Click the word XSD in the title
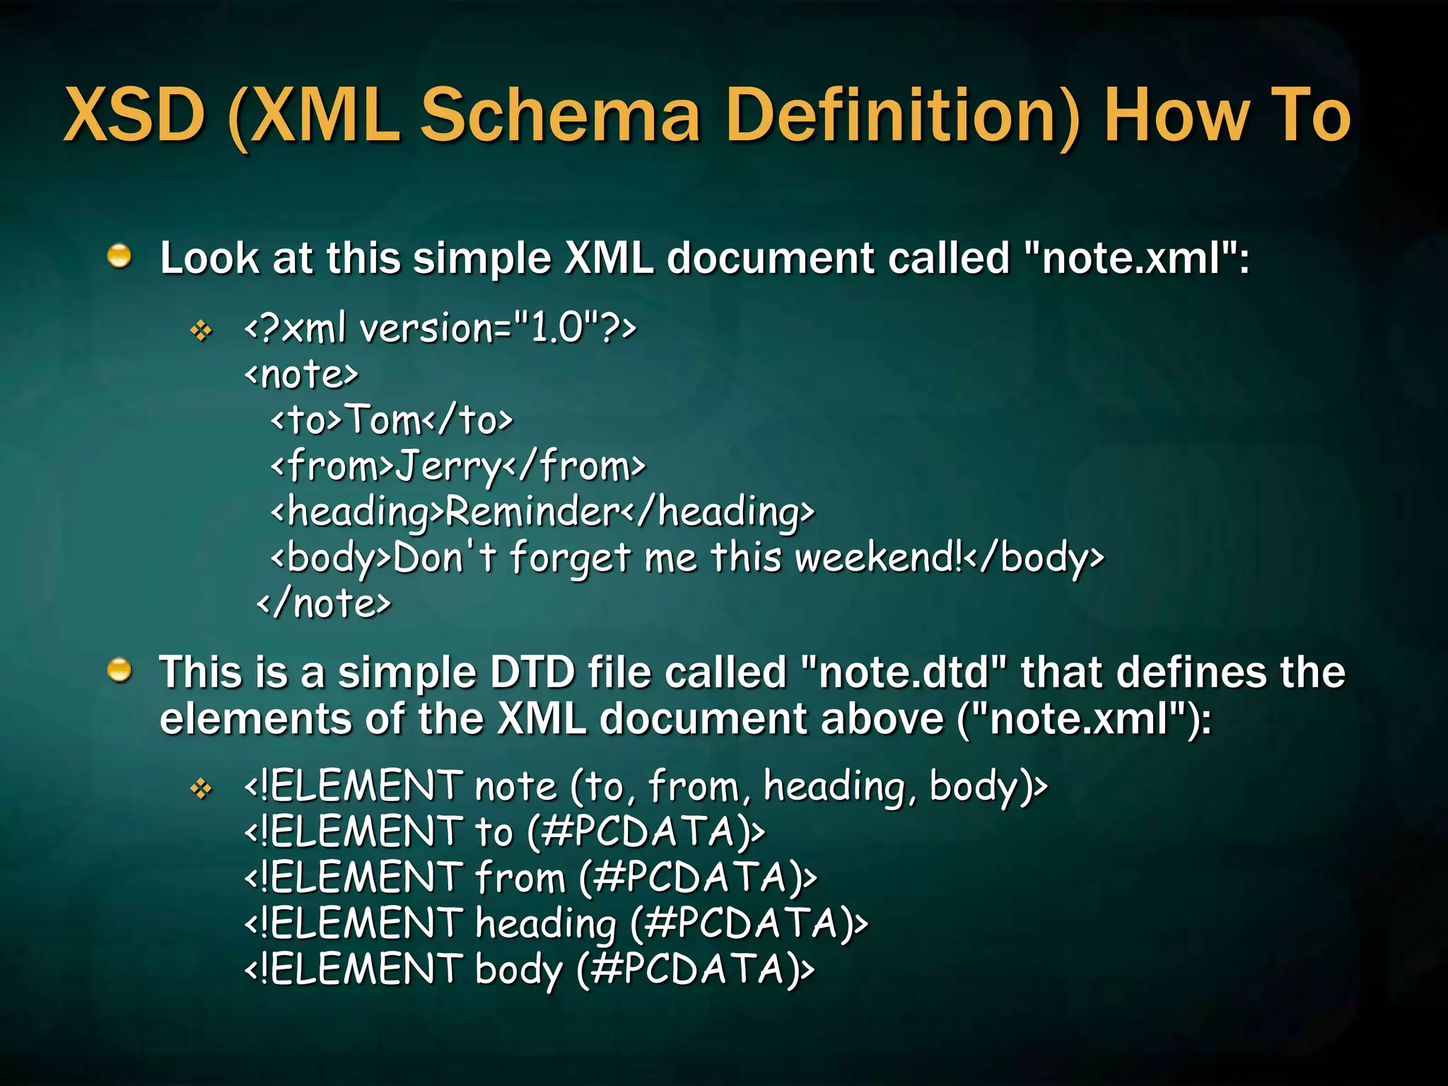point(134,115)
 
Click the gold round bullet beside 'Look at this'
point(119,256)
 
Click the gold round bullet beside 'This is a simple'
point(119,670)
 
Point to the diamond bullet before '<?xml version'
point(202,330)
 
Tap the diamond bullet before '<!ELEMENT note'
point(202,788)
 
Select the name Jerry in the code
point(448,467)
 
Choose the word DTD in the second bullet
point(532,672)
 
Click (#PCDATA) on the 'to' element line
point(646,832)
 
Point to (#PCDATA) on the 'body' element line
point(695,969)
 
